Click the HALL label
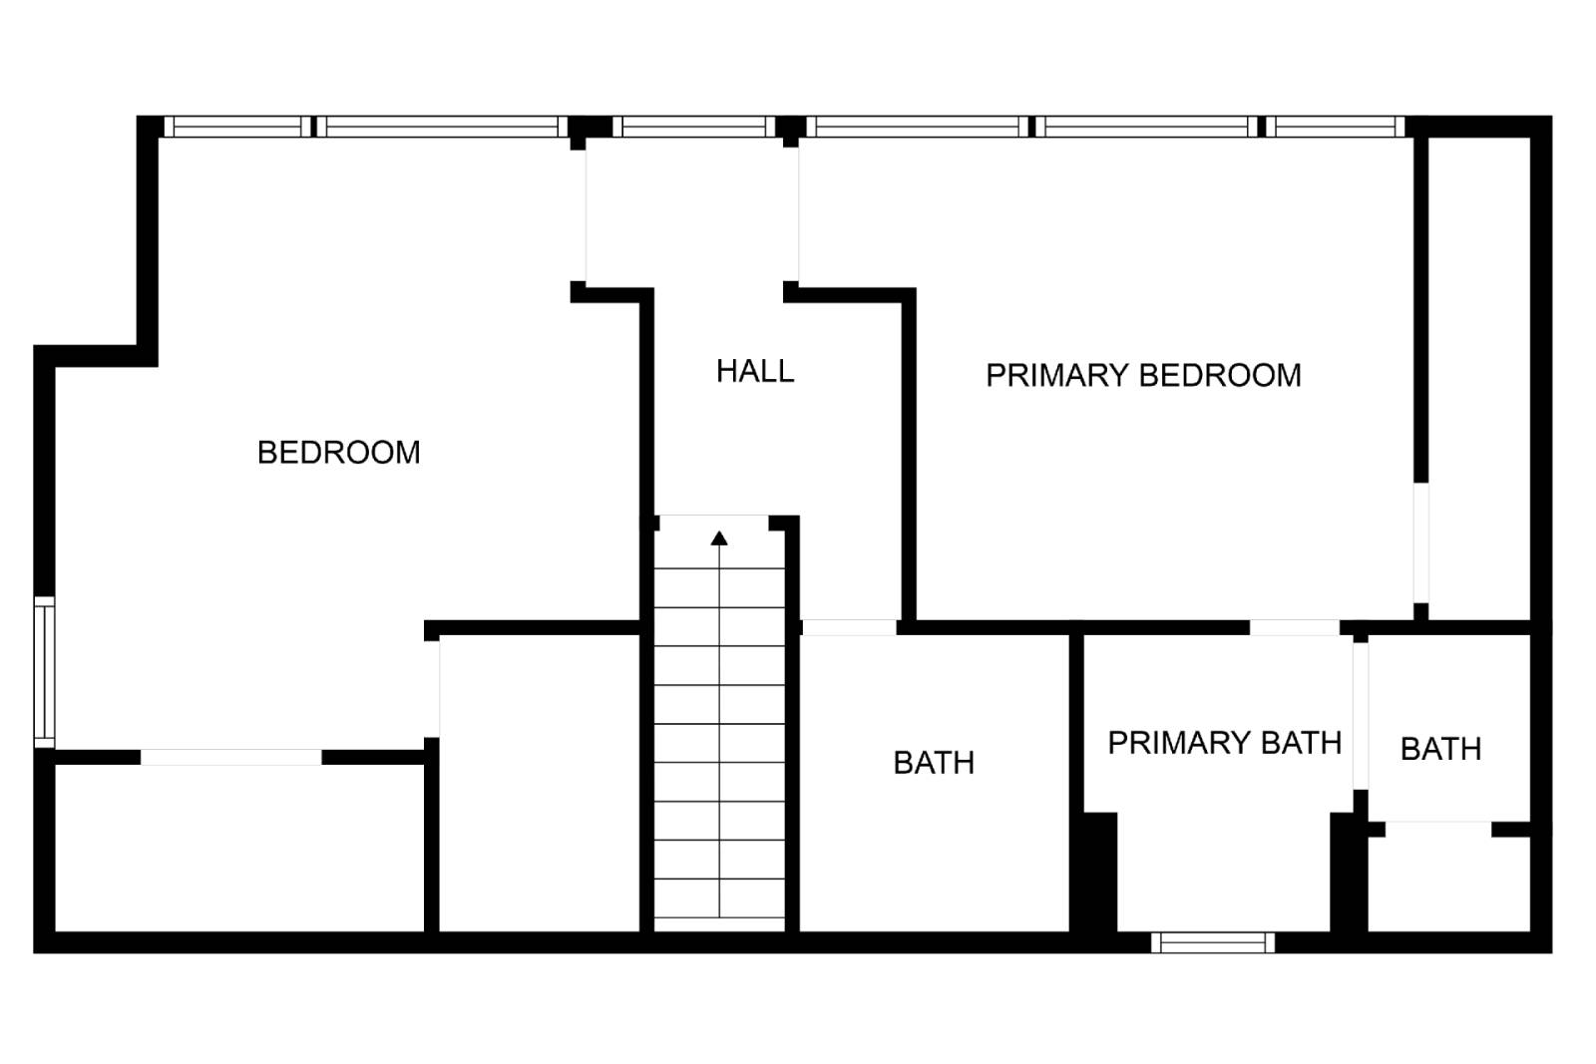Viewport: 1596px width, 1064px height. pyautogui.click(x=754, y=371)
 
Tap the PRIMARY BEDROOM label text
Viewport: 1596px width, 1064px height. pyautogui.click(x=1143, y=375)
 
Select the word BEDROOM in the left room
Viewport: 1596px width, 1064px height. pyautogui.click(x=338, y=453)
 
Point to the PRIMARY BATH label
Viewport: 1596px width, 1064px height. pyautogui.click(x=1224, y=743)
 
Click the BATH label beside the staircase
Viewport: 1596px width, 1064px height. pyautogui.click(x=934, y=763)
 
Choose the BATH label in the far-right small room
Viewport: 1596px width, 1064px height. pyautogui.click(x=1440, y=749)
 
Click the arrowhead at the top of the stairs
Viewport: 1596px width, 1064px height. pyautogui.click(x=719, y=538)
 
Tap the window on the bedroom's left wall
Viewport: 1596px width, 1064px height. pyautogui.click(x=44, y=672)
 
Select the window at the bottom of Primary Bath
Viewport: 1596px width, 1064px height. pyautogui.click(x=1213, y=942)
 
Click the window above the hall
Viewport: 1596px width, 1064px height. pyautogui.click(x=694, y=126)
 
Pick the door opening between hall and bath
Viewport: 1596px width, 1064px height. pyautogui.click(x=849, y=627)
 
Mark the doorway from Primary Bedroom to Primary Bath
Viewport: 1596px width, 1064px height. pyautogui.click(x=1295, y=627)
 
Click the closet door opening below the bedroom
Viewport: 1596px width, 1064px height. pyautogui.click(x=230, y=757)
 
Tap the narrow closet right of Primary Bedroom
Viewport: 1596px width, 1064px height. pyautogui.click(x=1479, y=378)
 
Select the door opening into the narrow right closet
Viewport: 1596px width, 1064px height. pyautogui.click(x=1420, y=542)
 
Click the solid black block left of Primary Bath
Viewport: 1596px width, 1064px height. pyautogui.click(x=1100, y=872)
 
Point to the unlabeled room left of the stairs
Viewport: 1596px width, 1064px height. pyautogui.click(x=540, y=784)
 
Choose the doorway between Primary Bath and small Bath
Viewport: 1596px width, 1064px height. pyautogui.click(x=1361, y=716)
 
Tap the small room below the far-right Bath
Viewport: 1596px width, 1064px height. pyautogui.click(x=1449, y=884)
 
